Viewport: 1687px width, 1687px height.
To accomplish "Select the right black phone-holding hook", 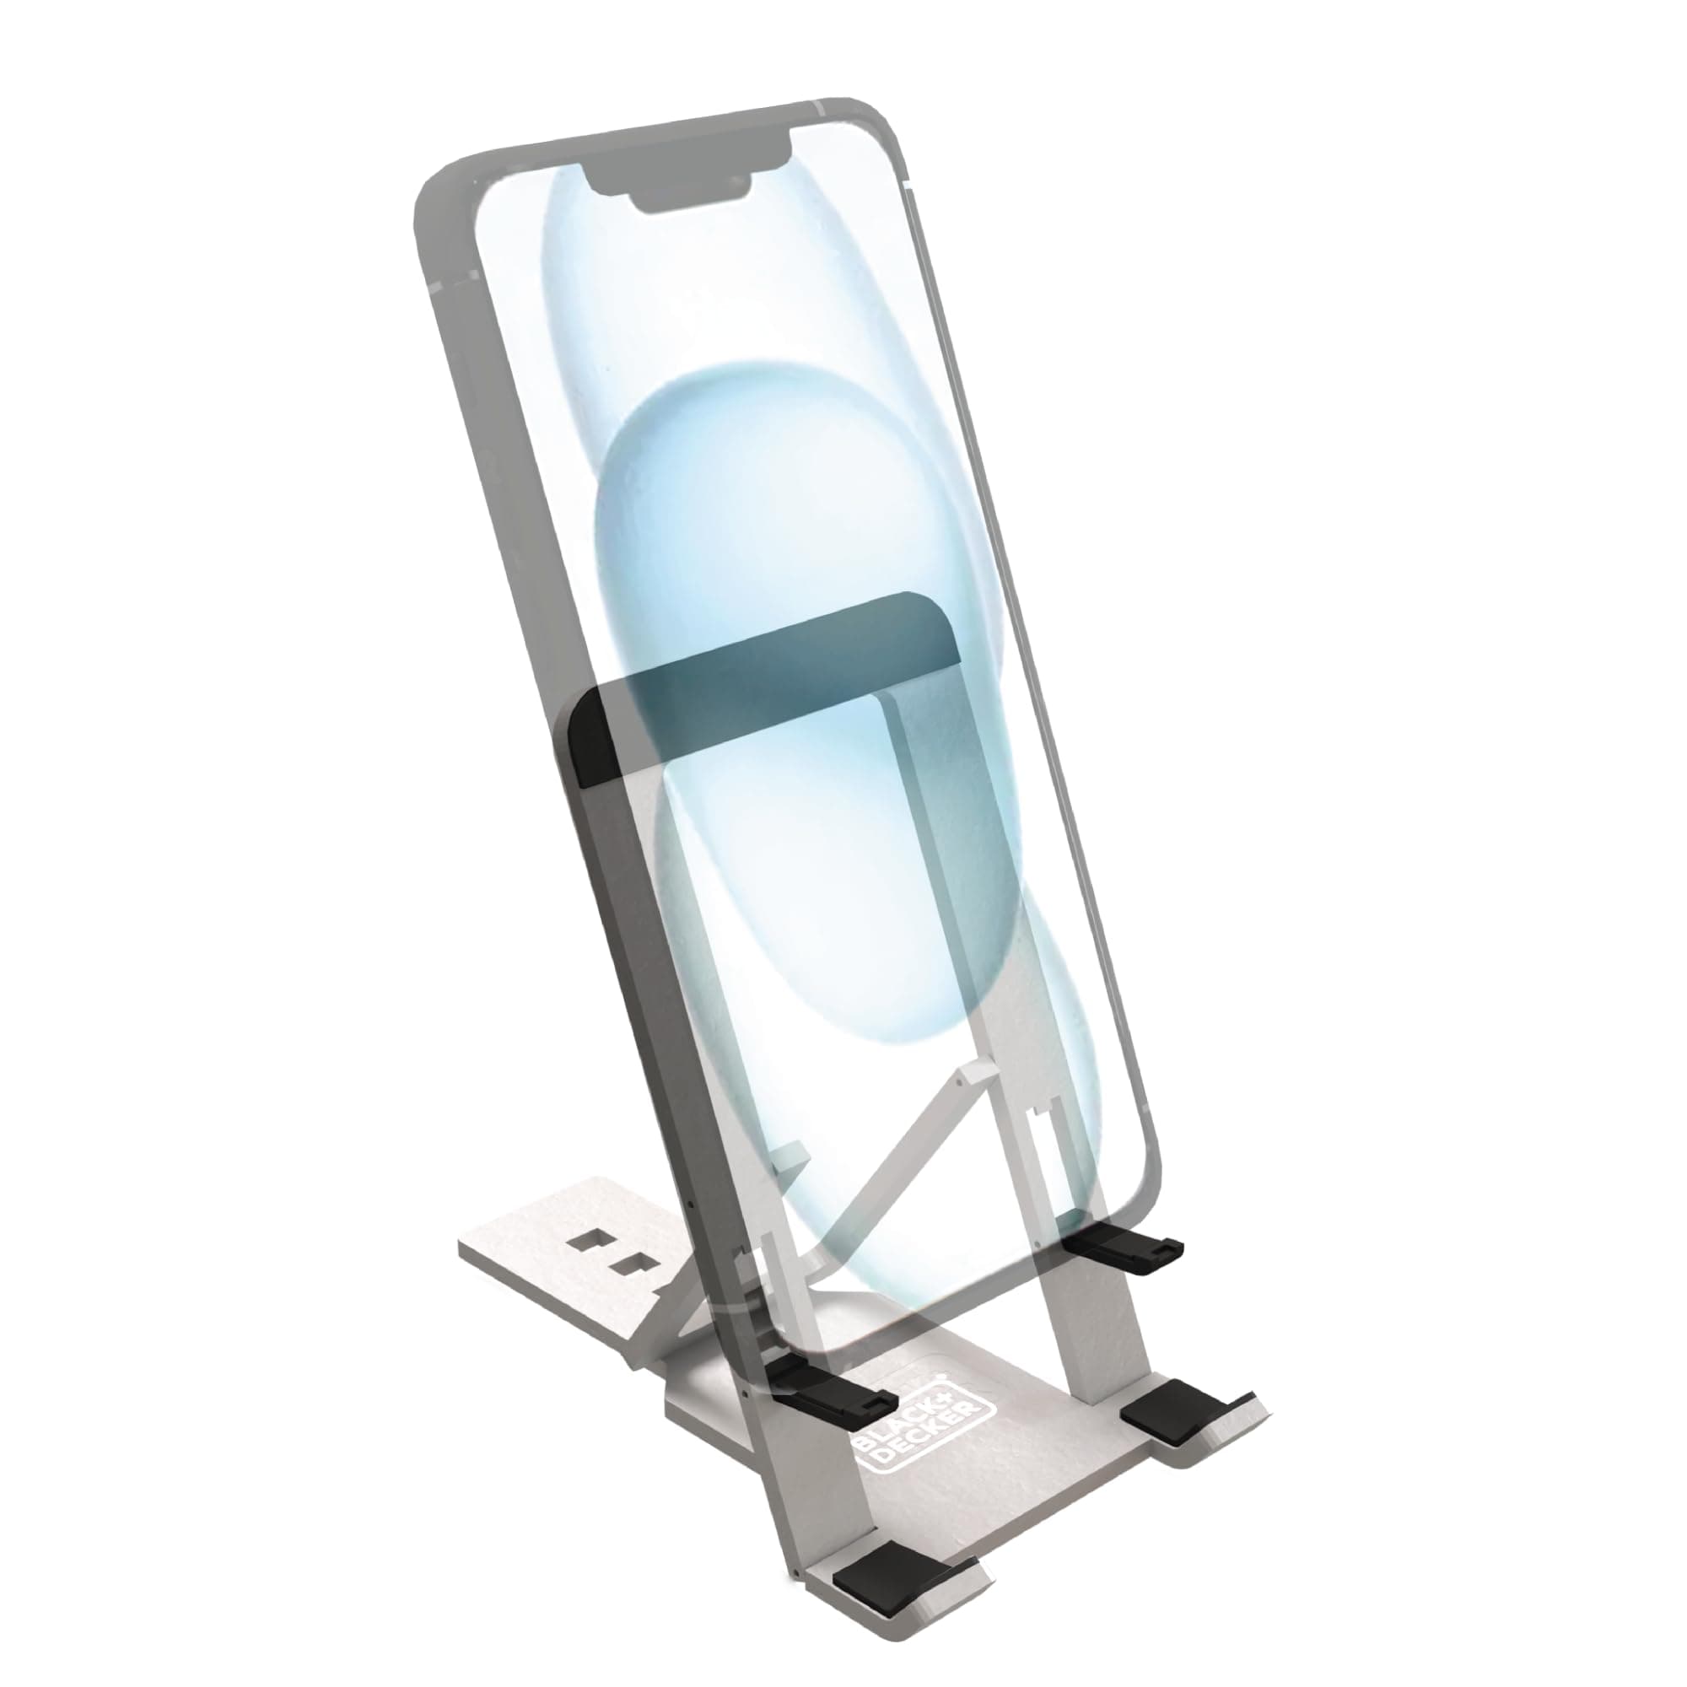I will [1126, 1257].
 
